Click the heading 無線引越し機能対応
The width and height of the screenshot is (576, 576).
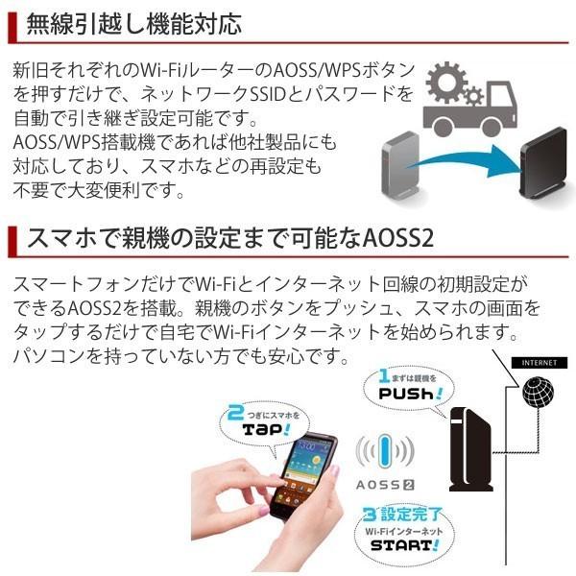click(134, 23)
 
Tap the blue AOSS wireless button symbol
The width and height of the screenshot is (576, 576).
click(385, 451)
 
